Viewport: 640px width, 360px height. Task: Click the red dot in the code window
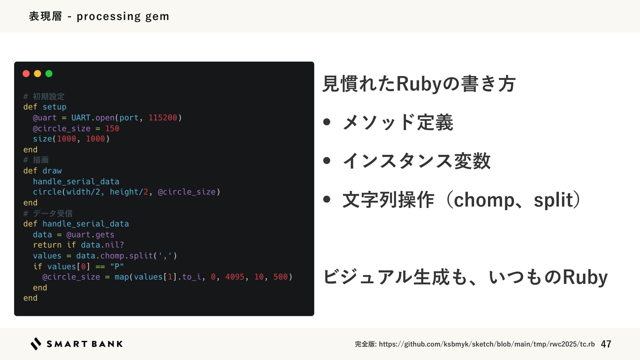coord(26,74)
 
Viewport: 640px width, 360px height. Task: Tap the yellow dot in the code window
coord(37,74)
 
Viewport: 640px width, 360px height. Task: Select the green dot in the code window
coord(49,74)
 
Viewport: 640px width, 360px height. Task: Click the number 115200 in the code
coord(163,118)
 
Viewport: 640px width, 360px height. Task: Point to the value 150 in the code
coord(112,128)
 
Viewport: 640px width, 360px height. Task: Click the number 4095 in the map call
coord(235,277)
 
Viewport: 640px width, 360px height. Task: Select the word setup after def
coord(54,107)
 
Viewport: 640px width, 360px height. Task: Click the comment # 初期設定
coord(44,97)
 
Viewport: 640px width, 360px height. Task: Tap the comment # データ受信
coord(48,213)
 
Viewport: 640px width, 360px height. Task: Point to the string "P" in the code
coord(117,266)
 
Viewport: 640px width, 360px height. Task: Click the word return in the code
coord(47,245)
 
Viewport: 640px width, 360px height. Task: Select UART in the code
coord(81,118)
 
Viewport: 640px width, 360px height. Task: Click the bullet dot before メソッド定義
coord(327,122)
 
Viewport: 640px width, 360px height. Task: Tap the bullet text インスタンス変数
coord(416,161)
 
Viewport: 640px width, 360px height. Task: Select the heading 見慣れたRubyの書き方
coord(419,83)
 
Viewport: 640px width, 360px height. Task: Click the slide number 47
coord(606,344)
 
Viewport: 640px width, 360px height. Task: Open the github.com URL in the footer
coord(487,344)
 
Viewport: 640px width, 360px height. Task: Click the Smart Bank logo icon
coord(36,344)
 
